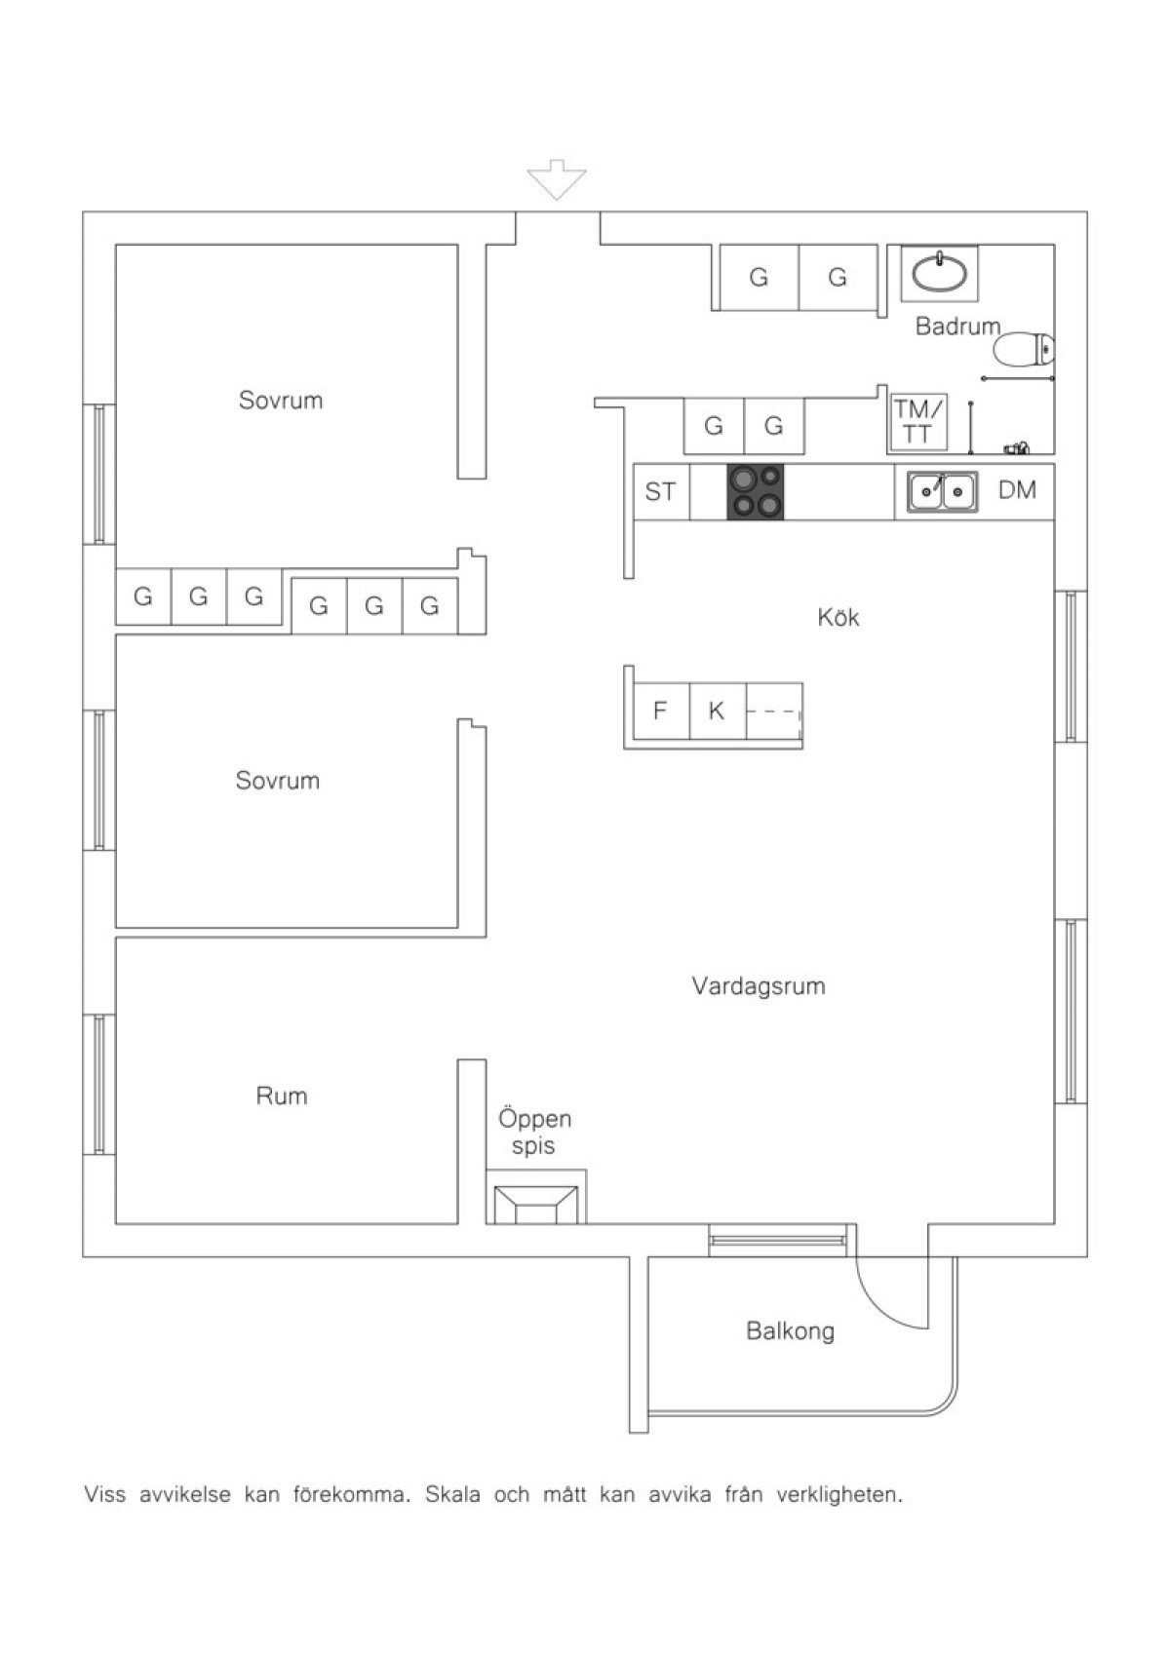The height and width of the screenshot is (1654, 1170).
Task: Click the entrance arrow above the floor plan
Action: click(x=556, y=179)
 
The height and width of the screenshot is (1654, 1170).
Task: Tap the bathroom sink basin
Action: click(x=940, y=272)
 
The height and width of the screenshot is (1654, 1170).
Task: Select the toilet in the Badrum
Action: click(x=1025, y=349)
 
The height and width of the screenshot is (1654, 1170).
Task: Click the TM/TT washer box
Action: click(x=917, y=421)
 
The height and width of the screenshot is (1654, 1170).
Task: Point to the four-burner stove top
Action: click(x=755, y=492)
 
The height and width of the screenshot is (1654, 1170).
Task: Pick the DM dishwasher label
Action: click(x=1017, y=489)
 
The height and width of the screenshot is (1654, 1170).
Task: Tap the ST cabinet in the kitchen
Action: click(x=662, y=492)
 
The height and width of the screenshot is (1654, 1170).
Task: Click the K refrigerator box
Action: click(x=718, y=711)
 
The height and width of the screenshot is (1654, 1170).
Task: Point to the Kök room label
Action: click(x=838, y=617)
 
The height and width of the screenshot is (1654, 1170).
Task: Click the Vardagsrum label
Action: click(x=758, y=985)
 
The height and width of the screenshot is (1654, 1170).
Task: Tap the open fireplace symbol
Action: click(x=535, y=1205)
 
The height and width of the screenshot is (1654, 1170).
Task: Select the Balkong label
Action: click(x=790, y=1330)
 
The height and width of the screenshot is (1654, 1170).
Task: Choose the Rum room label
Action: click(x=282, y=1096)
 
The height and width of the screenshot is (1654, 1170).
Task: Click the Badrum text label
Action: click(x=957, y=326)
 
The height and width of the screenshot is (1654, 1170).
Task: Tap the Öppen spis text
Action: click(x=534, y=1133)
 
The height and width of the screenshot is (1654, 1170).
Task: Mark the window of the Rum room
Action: click(x=99, y=1084)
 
